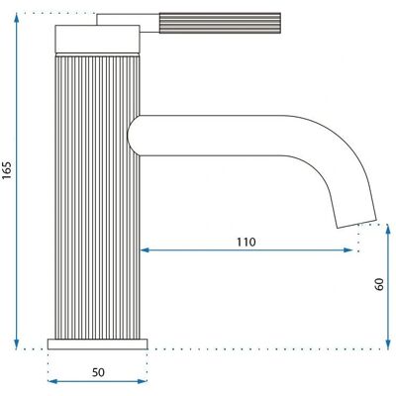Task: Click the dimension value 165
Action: [7, 170]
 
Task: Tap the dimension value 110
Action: [247, 242]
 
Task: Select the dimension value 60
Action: [379, 284]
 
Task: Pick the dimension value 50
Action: [98, 372]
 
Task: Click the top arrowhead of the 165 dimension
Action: [17, 17]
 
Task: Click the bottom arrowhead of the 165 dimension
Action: [17, 345]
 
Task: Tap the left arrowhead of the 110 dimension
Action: [146, 250]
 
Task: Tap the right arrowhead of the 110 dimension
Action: [348, 250]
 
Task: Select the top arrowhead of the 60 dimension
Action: [388, 229]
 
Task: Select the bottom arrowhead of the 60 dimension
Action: [388, 345]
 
